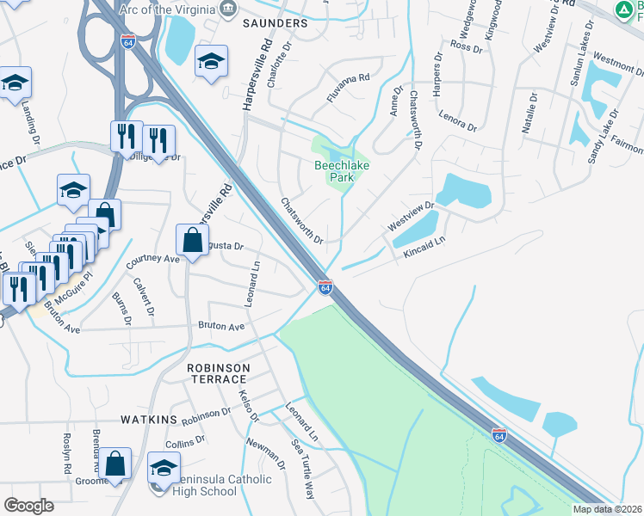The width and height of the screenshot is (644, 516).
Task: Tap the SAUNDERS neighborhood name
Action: click(275, 23)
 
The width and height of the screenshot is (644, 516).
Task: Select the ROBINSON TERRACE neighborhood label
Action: click(219, 374)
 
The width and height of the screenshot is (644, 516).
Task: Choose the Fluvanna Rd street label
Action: click(348, 77)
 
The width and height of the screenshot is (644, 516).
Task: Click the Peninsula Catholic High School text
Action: click(195, 486)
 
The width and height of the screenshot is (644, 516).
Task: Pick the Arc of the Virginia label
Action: click(169, 9)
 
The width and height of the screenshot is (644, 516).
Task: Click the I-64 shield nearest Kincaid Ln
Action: click(325, 287)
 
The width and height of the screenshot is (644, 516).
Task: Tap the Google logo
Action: click(28, 505)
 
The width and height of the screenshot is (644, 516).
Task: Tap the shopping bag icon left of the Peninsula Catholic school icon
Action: click(115, 464)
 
